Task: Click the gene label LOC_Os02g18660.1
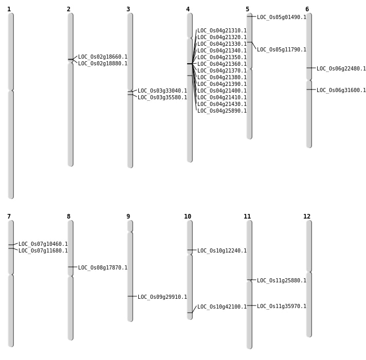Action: pyautogui.click(x=102, y=57)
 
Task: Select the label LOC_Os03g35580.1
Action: pyautogui.click(x=162, y=98)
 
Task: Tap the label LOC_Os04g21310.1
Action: pyautogui.click(x=222, y=31)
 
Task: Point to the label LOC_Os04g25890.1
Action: pyautogui.click(x=222, y=111)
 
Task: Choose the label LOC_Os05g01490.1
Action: pyautogui.click(x=281, y=17)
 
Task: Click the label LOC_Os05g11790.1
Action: pyautogui.click(x=281, y=50)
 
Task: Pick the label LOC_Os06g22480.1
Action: pyautogui.click(x=341, y=69)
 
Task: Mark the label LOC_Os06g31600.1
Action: pyautogui.click(x=341, y=91)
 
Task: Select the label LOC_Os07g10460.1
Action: pyautogui.click(x=43, y=244)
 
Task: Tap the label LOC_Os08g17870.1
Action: pyautogui.click(x=102, y=268)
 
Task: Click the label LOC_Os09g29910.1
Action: pyautogui.click(x=162, y=297)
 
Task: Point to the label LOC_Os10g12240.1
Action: pyautogui.click(x=222, y=251)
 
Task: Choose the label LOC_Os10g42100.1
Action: pyautogui.click(x=222, y=307)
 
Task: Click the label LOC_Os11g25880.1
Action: pyautogui.click(x=281, y=281)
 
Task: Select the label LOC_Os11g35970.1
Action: pyautogui.click(x=281, y=307)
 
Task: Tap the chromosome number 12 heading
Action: pyautogui.click(x=307, y=217)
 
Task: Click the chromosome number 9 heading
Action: pyautogui.click(x=128, y=217)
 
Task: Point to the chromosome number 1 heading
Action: pyautogui.click(x=9, y=9)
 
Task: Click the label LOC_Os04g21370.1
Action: pyautogui.click(x=222, y=71)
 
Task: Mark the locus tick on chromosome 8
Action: pyautogui.click(x=70, y=267)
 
